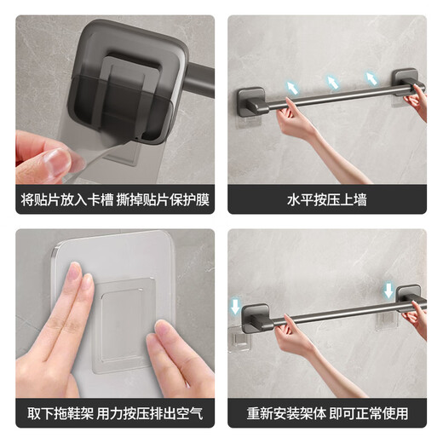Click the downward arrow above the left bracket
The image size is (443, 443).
236,306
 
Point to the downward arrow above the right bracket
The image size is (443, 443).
389,291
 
